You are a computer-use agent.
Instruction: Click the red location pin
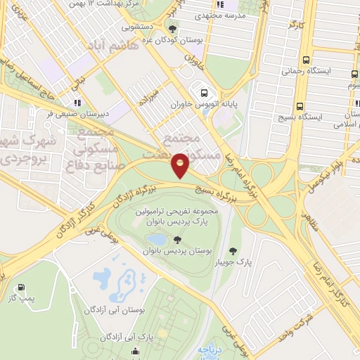(x=181, y=165)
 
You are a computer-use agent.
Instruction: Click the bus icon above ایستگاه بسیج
(x=305, y=101)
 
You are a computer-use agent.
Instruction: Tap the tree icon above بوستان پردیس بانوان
(x=176, y=240)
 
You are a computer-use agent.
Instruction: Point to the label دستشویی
(x=139, y=28)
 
